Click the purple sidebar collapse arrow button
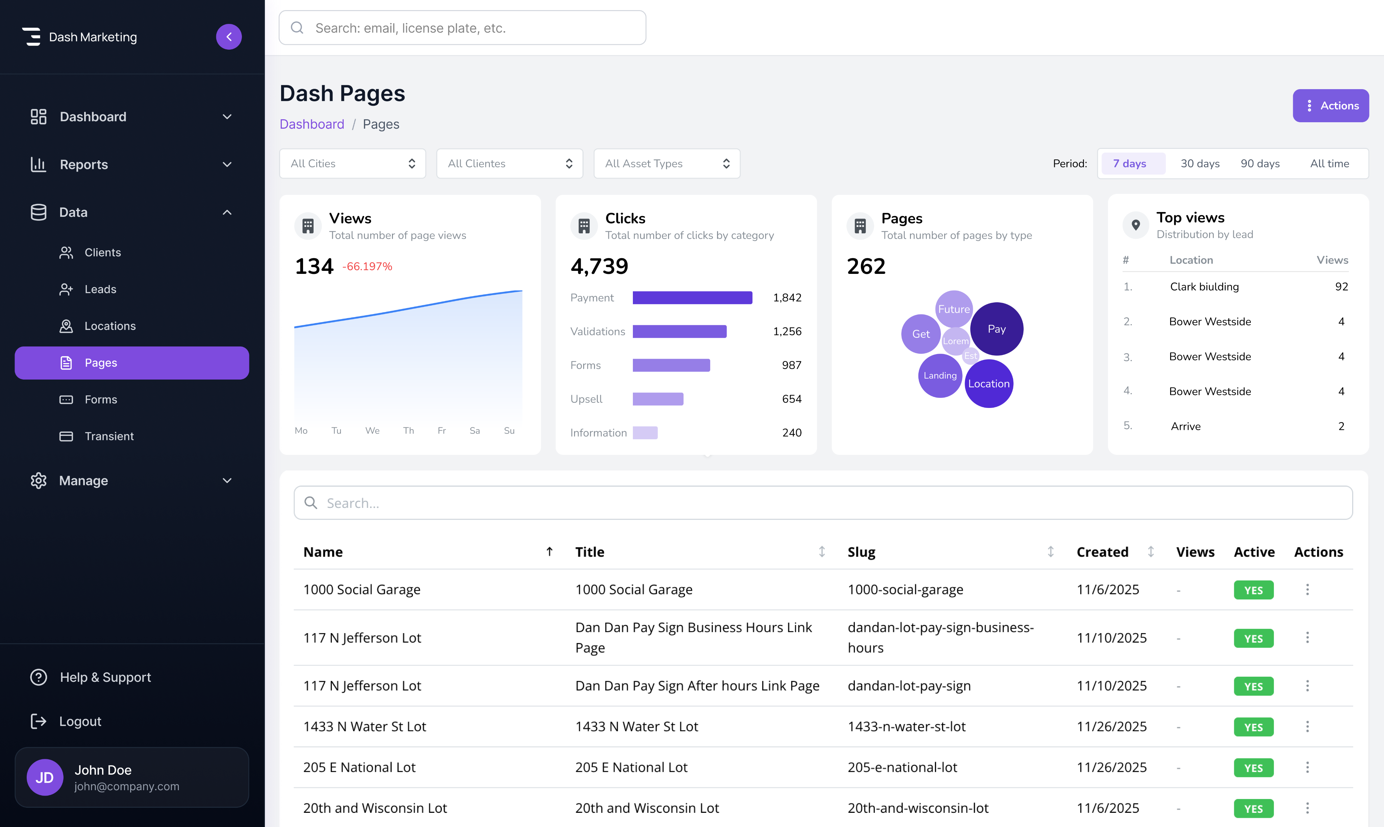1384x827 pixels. pyautogui.click(x=229, y=37)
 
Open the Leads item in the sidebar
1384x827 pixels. pyautogui.click(x=100, y=289)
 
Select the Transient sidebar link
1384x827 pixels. pyautogui.click(x=109, y=436)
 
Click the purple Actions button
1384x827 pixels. pyautogui.click(x=1331, y=106)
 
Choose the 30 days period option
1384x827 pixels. pyautogui.click(x=1200, y=164)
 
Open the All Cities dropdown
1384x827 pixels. pyautogui.click(x=352, y=164)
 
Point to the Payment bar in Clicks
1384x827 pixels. pyautogui.click(x=692, y=298)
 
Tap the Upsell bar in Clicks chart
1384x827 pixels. pyautogui.click(x=658, y=399)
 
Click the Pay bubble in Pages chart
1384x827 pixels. pyautogui.click(x=996, y=329)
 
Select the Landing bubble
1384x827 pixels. pyautogui.click(x=940, y=376)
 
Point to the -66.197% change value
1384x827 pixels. pyautogui.click(x=367, y=267)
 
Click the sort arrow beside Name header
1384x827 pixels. pyautogui.click(x=549, y=552)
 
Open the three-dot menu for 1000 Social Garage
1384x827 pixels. pyautogui.click(x=1307, y=590)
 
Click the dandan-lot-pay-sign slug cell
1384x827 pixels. pyautogui.click(x=909, y=686)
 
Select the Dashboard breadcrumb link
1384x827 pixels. pyautogui.click(x=312, y=124)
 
